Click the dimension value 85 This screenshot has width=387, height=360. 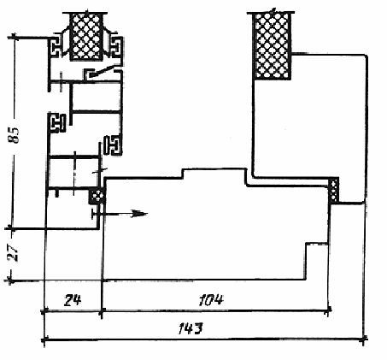pyautogui.click(x=14, y=135)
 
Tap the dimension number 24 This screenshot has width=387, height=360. pyautogui.click(x=73, y=300)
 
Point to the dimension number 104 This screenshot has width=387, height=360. pyautogui.click(x=211, y=300)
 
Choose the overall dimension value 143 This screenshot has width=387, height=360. pyautogui.click(x=191, y=328)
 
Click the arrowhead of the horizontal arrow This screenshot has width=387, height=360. pyautogui.click(x=139, y=214)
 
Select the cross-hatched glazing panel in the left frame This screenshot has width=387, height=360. pyautogui.click(x=86, y=36)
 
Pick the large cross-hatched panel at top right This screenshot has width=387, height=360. pyautogui.click(x=273, y=45)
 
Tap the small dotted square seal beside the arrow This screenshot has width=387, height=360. pyautogui.click(x=97, y=196)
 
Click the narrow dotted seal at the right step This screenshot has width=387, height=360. pyautogui.click(x=334, y=189)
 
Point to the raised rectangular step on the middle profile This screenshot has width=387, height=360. pyautogui.click(x=214, y=174)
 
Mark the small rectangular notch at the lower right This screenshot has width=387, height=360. pyautogui.click(x=317, y=261)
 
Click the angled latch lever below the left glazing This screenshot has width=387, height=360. pyautogui.click(x=103, y=72)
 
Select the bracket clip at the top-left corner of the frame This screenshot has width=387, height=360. pyautogui.click(x=56, y=47)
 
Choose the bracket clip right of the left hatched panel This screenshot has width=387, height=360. pyautogui.click(x=116, y=46)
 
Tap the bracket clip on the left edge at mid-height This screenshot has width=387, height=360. pyautogui.click(x=57, y=123)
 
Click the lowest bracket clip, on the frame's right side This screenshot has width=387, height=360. pyautogui.click(x=113, y=145)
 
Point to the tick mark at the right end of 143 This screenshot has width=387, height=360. pyautogui.click(x=363, y=339)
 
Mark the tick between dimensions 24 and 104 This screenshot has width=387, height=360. pyautogui.click(x=102, y=310)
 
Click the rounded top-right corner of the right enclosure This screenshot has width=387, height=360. pyautogui.click(x=364, y=57)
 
